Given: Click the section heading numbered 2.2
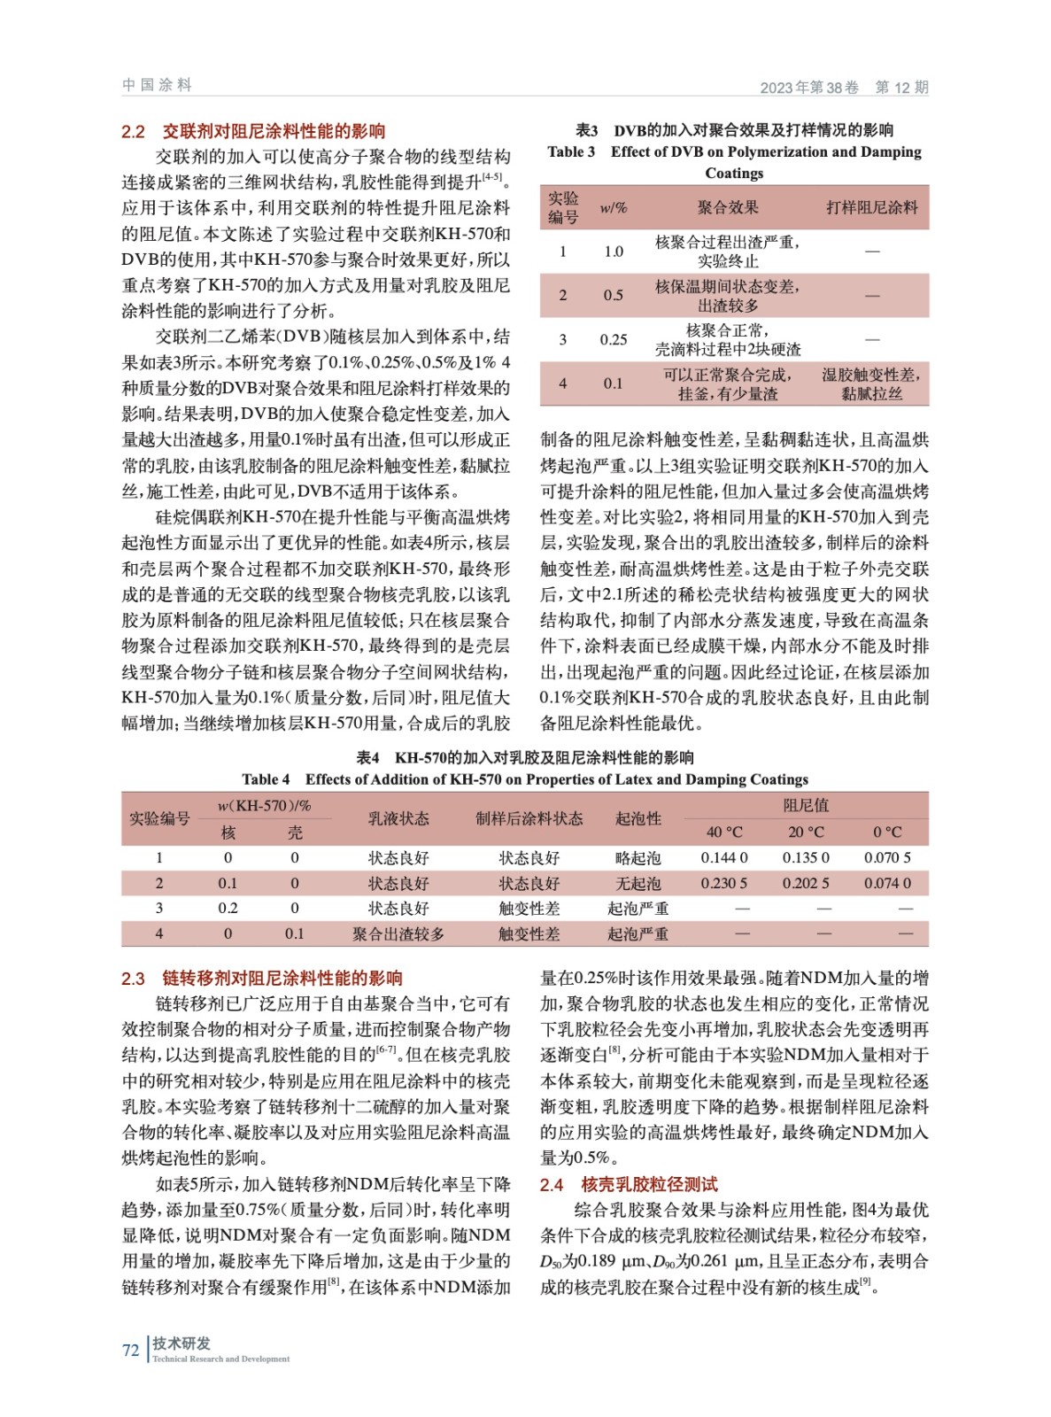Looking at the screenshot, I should tap(253, 132).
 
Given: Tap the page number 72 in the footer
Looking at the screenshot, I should tap(130, 1350).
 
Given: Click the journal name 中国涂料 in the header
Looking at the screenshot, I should tap(157, 85).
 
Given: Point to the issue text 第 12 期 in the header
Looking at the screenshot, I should tap(901, 87).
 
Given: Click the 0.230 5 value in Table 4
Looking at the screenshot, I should tap(723, 883).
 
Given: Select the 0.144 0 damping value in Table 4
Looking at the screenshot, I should tap(723, 857).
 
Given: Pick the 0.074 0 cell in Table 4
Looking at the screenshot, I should tap(887, 883).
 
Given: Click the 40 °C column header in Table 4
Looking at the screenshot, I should tap(723, 832).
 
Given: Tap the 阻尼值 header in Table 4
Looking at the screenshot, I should tap(805, 805).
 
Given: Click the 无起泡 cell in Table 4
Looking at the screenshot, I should tap(638, 883).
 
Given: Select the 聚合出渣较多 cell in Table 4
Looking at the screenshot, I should tap(398, 933).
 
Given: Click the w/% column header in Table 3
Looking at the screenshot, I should tap(613, 208).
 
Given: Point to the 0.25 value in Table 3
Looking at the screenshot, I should tap(613, 339).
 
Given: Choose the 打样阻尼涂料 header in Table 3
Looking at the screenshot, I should tap(871, 208).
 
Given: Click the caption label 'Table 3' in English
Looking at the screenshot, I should tap(571, 151).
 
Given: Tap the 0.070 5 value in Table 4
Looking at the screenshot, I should tap(887, 857).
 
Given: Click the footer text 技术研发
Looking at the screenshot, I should tap(182, 1343).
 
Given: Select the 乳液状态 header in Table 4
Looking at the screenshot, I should tap(398, 818).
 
